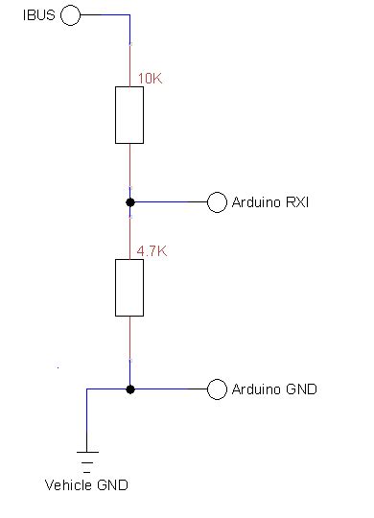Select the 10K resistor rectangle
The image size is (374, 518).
pyautogui.click(x=129, y=115)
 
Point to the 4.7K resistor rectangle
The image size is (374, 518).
pyautogui.click(x=129, y=287)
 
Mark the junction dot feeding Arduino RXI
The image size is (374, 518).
pyautogui.click(x=129, y=202)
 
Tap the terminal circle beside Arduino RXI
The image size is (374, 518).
pyautogui.click(x=218, y=202)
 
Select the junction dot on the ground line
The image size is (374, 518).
pyautogui.click(x=129, y=389)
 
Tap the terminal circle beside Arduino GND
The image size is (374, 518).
pyautogui.click(x=218, y=389)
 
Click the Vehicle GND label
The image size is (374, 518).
pyautogui.click(x=86, y=484)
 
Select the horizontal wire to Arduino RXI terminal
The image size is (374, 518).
pyautogui.click(x=171, y=202)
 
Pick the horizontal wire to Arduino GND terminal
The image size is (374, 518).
pyautogui.click(x=171, y=389)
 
